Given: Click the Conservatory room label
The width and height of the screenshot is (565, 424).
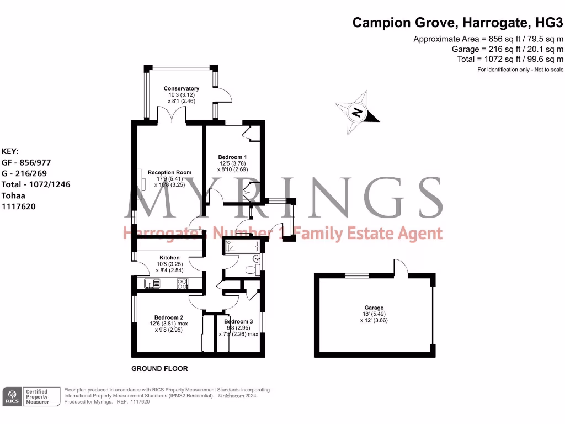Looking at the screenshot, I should point(182,88).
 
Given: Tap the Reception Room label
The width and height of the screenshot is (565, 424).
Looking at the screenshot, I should point(169,172).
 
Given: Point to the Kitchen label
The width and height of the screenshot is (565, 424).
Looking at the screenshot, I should point(169,258).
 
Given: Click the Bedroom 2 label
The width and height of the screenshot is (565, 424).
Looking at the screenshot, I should point(168,317).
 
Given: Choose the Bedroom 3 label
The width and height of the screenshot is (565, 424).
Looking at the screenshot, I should point(238,321).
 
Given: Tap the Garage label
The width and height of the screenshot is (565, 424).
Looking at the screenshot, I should point(374,308).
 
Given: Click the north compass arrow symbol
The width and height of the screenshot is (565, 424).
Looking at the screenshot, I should point(358,113).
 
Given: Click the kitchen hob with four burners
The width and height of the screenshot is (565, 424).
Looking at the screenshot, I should point(183,284).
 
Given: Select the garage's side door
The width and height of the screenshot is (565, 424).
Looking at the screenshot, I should point(401,268).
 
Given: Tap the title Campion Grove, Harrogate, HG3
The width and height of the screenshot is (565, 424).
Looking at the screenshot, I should point(457,23).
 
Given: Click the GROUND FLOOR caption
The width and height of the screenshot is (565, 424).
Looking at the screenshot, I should point(159,368).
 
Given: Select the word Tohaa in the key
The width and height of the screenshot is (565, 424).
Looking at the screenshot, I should point(13,195).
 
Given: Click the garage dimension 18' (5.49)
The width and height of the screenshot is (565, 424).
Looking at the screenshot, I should point(374,314).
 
